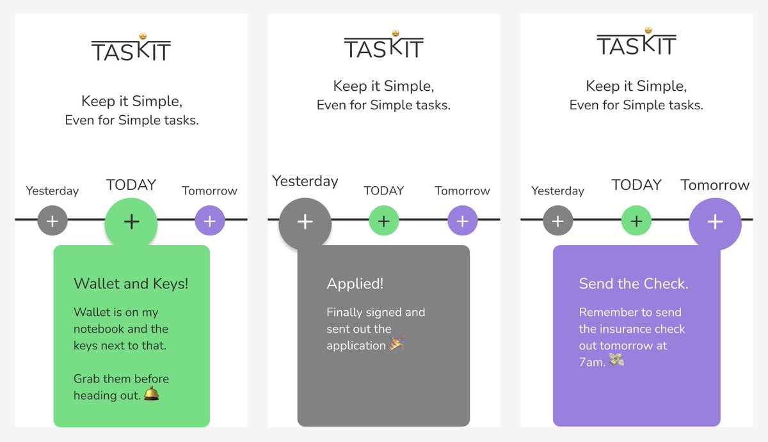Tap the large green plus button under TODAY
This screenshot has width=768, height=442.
(131, 222)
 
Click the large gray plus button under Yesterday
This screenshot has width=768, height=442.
(305, 222)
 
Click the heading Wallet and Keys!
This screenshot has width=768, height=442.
(131, 283)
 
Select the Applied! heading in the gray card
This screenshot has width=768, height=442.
(355, 283)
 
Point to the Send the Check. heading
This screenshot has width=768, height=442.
(634, 283)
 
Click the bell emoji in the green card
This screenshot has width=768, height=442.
(152, 394)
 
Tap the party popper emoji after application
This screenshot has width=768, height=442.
(397, 344)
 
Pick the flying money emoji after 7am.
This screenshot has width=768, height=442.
(616, 361)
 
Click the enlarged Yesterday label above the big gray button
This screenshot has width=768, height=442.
(305, 181)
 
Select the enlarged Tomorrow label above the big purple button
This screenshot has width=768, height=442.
(715, 185)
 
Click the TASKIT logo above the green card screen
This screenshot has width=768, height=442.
(131, 47)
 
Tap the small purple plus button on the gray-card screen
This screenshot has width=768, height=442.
(463, 222)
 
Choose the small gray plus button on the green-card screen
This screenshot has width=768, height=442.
(52, 222)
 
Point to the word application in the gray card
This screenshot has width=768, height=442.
(356, 345)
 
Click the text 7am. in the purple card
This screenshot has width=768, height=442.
(592, 362)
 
